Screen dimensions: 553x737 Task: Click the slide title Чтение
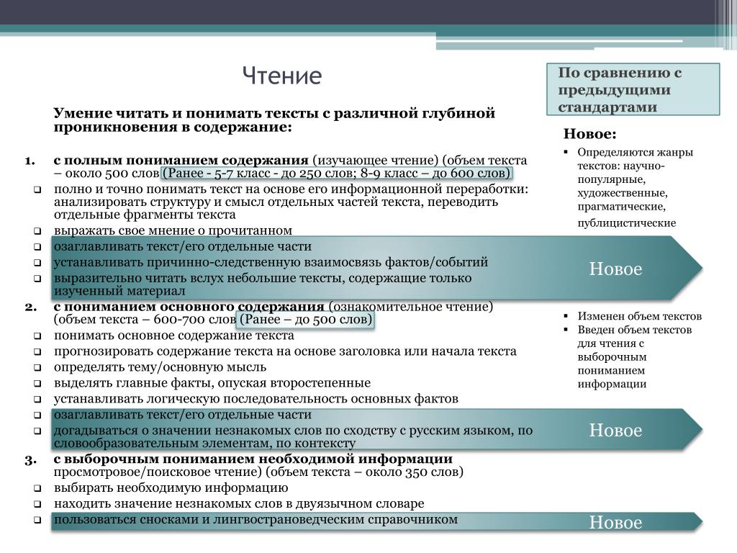[281, 76]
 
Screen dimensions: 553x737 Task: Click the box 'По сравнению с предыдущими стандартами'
[633, 90]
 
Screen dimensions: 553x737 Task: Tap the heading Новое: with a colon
[589, 134]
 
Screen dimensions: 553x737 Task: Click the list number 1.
[30, 160]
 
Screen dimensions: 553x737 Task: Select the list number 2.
[30, 306]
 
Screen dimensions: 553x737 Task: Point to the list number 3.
[30, 459]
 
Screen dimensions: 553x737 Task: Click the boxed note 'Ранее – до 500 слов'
[306, 320]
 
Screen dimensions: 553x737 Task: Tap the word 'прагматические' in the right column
[613, 207]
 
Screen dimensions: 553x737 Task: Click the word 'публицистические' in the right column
[626, 223]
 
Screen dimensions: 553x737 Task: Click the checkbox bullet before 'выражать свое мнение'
[37, 231]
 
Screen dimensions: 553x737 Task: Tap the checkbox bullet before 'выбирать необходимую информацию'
[37, 488]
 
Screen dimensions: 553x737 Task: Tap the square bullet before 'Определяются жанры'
[567, 153]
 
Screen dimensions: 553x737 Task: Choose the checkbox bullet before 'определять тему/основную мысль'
[37, 367]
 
